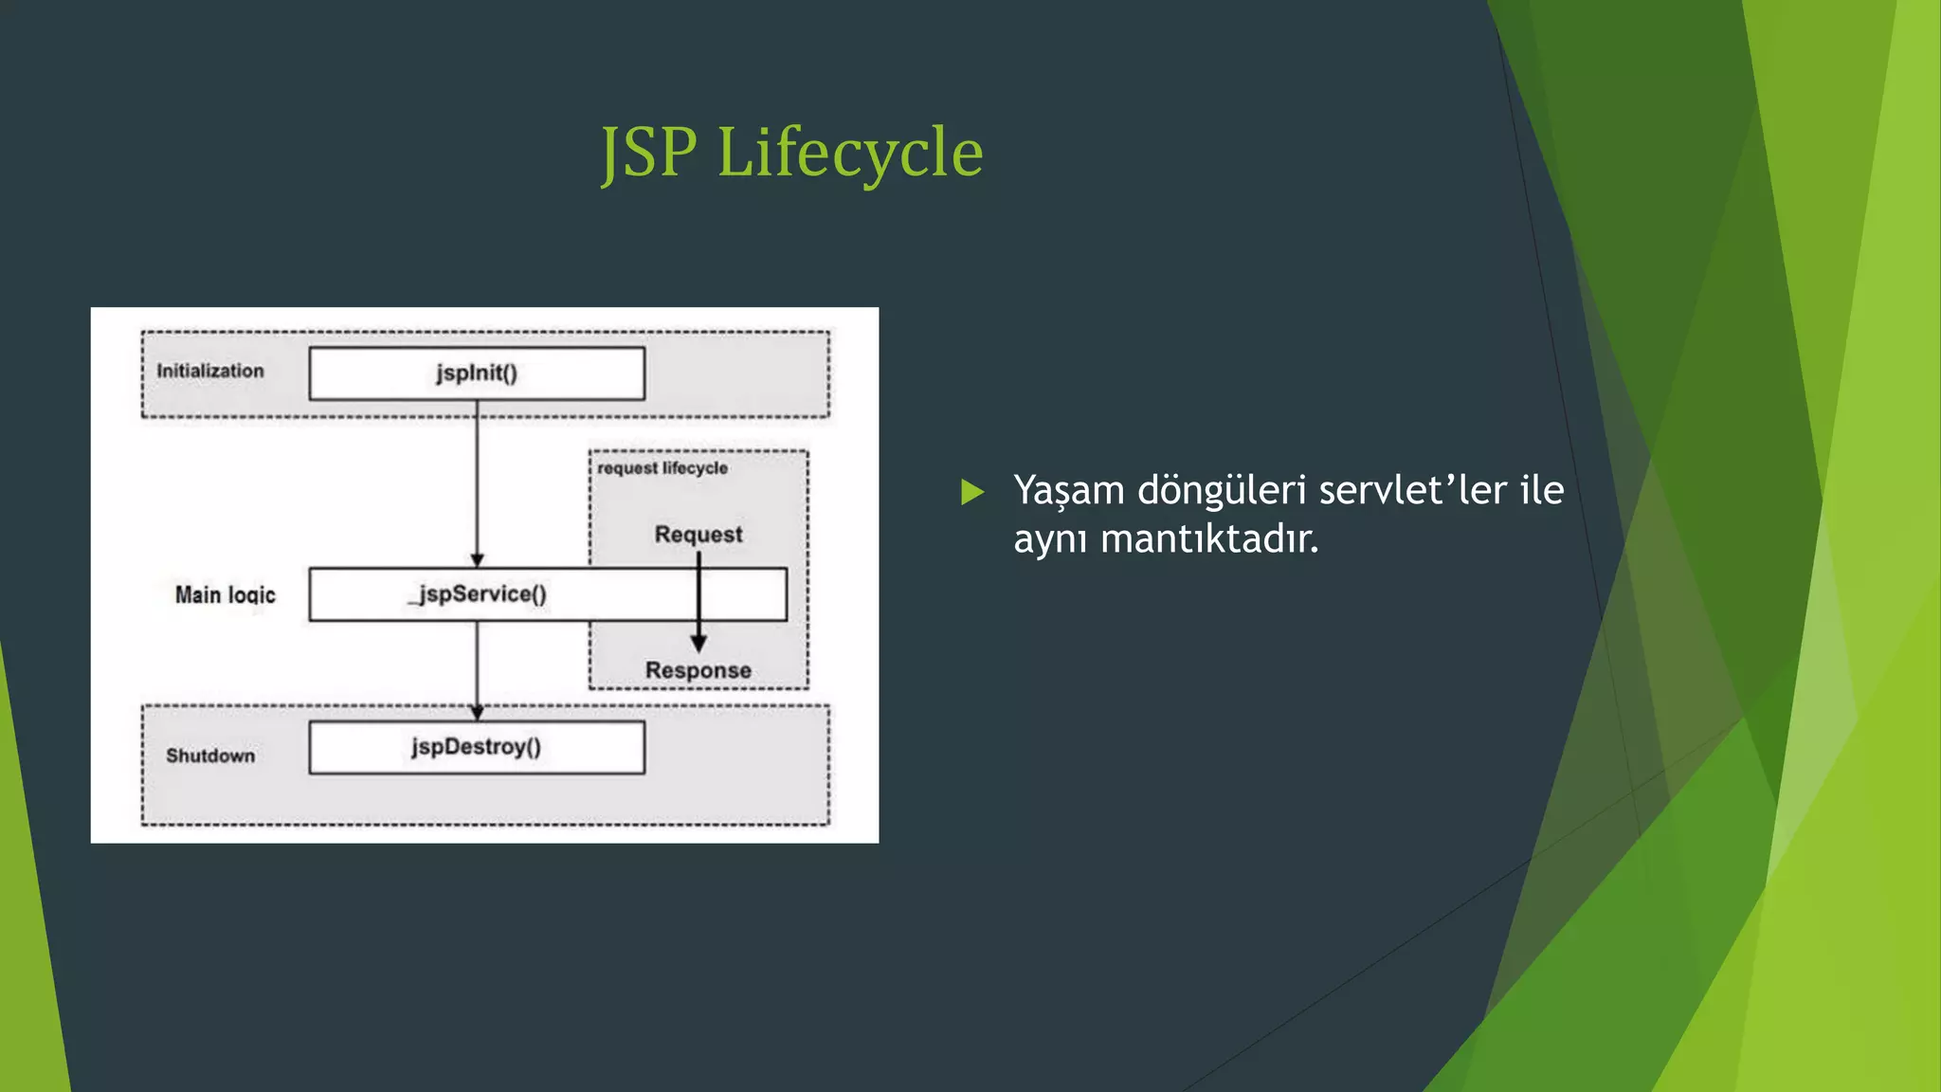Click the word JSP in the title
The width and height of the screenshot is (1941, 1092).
650,153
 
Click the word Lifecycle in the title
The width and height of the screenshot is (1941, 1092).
850,153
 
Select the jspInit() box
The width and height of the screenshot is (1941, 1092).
477,373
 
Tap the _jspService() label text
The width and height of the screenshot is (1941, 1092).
478,594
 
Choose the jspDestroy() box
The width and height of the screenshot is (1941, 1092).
477,748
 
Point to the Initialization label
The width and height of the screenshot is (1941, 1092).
210,372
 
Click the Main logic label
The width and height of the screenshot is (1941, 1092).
225,595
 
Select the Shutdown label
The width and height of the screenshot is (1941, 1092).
210,755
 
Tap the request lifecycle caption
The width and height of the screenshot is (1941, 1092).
662,468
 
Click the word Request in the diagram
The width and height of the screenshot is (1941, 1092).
698,535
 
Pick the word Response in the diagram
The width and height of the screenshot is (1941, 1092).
698,670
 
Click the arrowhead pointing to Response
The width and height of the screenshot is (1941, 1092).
698,644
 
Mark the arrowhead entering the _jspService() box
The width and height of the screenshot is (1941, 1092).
477,560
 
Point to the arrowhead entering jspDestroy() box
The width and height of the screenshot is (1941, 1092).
477,713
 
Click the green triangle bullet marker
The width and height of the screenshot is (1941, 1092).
971,492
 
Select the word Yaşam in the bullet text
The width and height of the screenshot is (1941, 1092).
1068,491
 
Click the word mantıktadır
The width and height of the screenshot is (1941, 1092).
1209,539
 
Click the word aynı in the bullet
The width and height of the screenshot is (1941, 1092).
1050,539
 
